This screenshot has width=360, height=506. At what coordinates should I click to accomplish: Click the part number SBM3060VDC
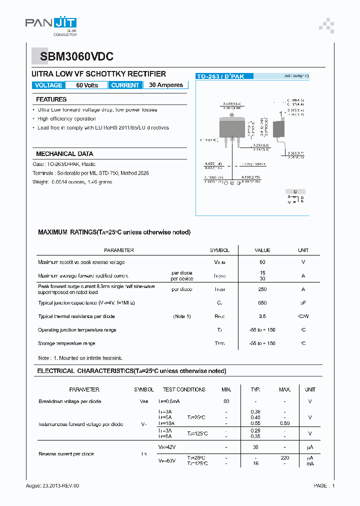[73, 57]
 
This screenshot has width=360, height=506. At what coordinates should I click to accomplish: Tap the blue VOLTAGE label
[48, 85]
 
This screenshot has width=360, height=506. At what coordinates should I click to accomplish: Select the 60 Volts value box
[87, 85]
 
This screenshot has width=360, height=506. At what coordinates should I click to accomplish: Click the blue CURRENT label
[125, 85]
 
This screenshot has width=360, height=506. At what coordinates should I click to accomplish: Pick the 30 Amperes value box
[166, 85]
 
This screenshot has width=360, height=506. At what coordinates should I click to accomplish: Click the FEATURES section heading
[51, 99]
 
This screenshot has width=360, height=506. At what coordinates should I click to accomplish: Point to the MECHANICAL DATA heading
[64, 154]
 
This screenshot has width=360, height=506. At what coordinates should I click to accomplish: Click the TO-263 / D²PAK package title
[224, 76]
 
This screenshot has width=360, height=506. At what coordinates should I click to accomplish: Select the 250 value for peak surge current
[262, 289]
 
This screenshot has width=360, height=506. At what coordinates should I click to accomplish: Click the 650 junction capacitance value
[262, 303]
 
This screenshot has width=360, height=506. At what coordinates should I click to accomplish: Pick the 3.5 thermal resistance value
[262, 316]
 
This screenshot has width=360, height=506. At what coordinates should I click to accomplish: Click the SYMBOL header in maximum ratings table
[219, 250]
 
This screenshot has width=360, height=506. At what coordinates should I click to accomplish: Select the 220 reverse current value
[285, 457]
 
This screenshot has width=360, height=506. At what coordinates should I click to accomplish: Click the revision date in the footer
[52, 485]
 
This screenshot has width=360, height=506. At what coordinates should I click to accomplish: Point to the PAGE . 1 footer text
[324, 485]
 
